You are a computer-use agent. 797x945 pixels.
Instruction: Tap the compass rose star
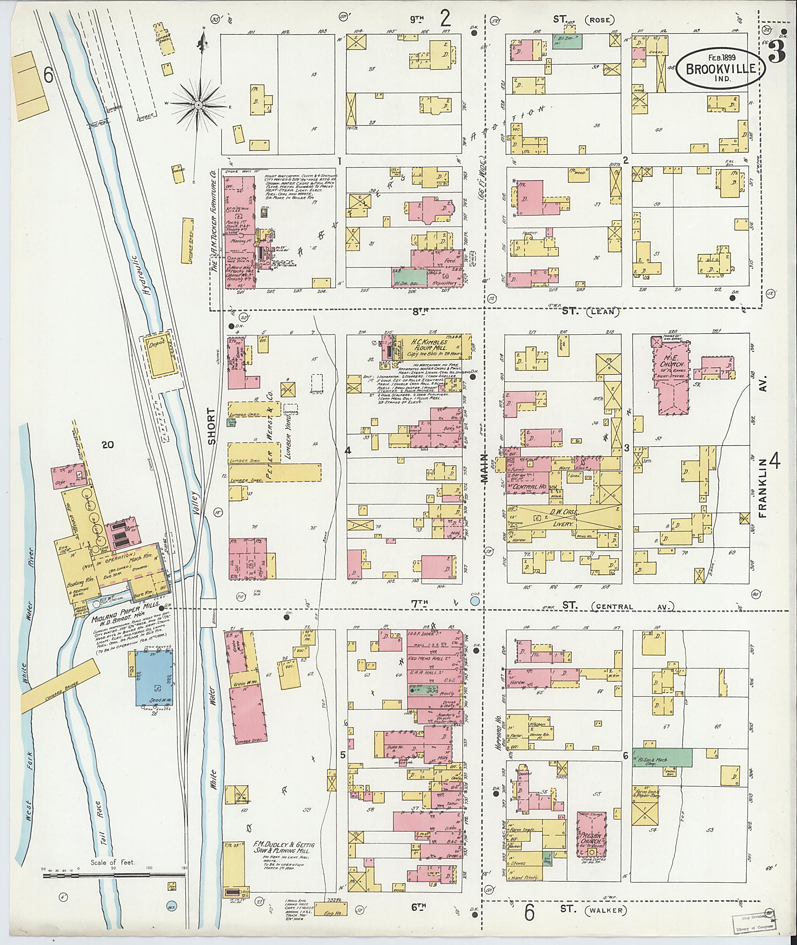point(198,105)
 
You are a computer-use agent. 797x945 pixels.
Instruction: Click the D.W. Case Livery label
point(562,516)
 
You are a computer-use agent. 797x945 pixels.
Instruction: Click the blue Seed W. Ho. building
point(155,678)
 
